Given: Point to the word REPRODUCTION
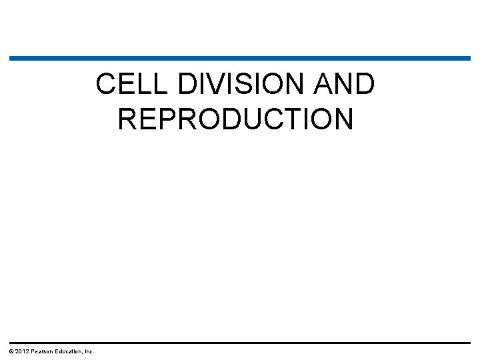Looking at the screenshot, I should [235, 119].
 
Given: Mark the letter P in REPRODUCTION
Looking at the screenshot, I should [172, 119].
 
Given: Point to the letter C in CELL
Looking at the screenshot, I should [106, 85].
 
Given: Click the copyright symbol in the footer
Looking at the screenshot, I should [11, 351].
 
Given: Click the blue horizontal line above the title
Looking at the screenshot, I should [240, 59].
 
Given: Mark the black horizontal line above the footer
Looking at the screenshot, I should [240, 343].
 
